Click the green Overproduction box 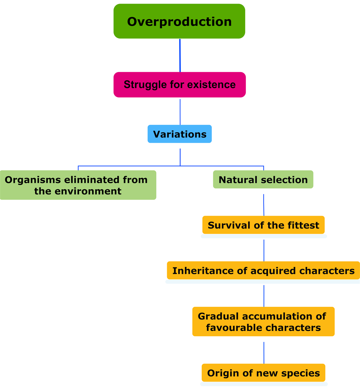click(x=179, y=21)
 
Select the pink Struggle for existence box click(x=179, y=85)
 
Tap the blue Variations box click(x=180, y=134)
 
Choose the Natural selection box click(x=263, y=180)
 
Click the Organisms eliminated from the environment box click(x=78, y=185)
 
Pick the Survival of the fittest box click(x=264, y=225)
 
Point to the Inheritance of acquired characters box click(x=263, y=271)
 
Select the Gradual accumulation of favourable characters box click(x=263, y=322)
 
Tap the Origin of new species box click(x=263, y=373)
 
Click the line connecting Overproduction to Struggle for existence click(x=180, y=55)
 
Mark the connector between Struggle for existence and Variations click(x=180, y=111)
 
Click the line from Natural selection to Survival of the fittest click(x=264, y=204)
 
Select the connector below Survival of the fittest click(x=264, y=250)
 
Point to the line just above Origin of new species click(x=264, y=353)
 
